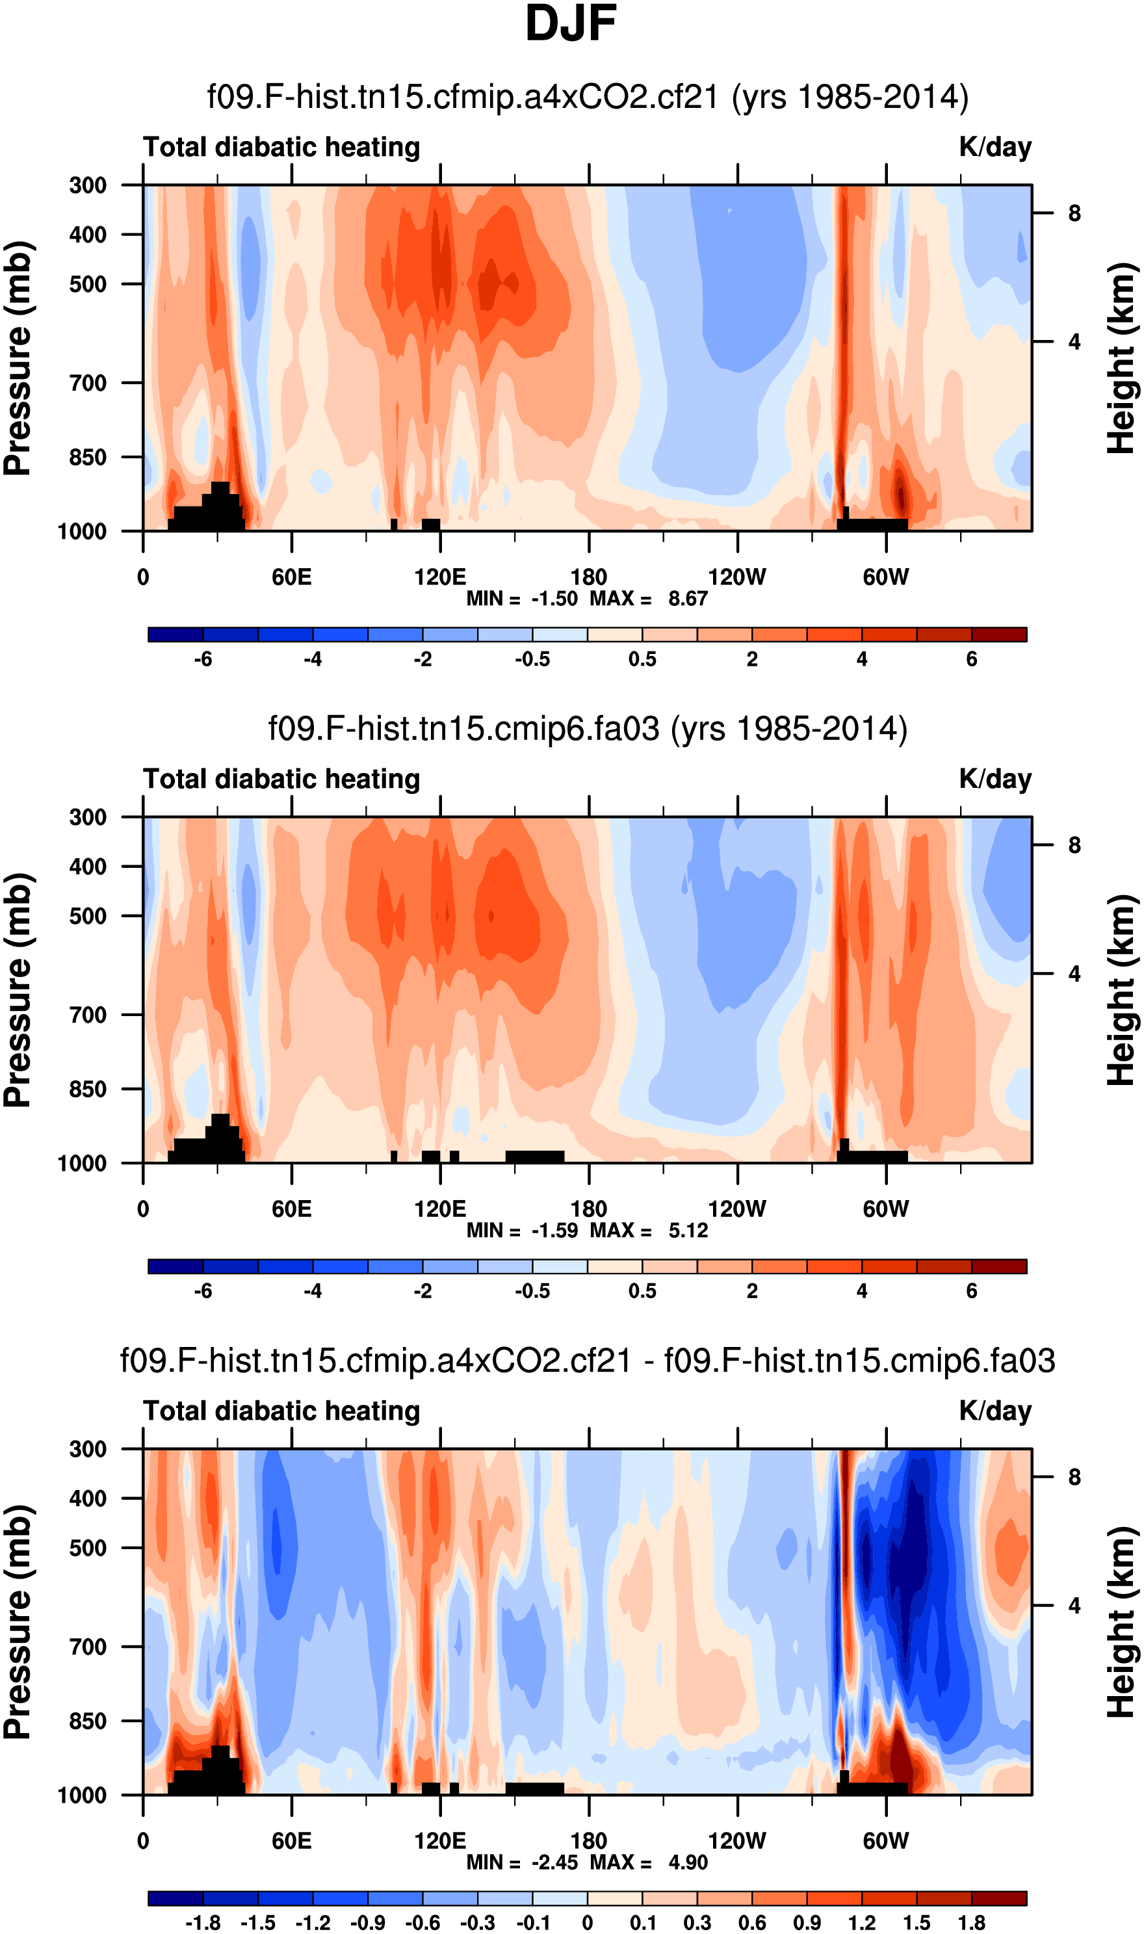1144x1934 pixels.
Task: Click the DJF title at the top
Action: (571, 24)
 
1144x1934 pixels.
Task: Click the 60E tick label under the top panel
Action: (291, 577)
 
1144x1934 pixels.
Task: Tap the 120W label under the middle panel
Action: (737, 1209)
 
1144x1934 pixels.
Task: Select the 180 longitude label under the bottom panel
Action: (588, 1841)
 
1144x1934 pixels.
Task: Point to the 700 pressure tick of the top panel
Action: (88, 382)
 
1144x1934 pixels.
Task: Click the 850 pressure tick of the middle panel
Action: (88, 1089)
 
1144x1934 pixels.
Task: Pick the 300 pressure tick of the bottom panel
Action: (88, 1449)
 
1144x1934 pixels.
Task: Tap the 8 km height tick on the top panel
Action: (1074, 213)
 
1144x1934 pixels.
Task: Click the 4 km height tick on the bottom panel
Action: (1074, 1606)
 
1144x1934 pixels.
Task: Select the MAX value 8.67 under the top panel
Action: (688, 599)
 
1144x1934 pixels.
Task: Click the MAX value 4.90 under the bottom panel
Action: (688, 1862)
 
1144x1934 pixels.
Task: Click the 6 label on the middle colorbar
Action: (971, 1291)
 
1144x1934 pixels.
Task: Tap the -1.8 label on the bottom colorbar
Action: (203, 1923)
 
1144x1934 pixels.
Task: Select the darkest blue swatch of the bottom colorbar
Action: (175, 1898)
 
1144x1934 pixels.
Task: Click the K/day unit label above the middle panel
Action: (994, 779)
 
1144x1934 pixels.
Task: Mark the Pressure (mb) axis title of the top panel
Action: (18, 358)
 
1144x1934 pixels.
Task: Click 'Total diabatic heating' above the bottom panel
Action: (281, 1411)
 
